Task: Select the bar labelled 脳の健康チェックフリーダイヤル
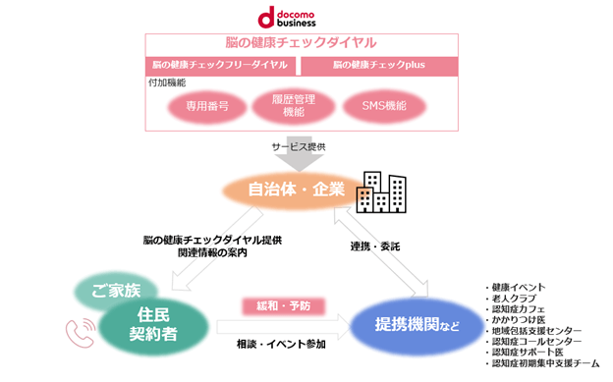220,66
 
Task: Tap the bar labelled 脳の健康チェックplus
379,66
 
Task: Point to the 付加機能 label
165,84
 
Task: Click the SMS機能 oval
377,106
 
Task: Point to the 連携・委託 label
374,245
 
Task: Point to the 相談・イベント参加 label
288,345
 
